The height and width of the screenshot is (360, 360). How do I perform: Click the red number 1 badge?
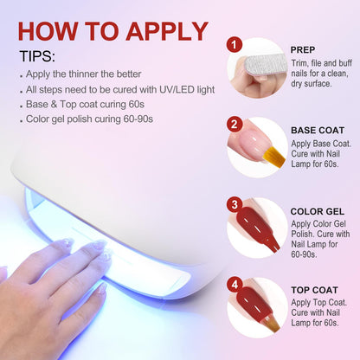(234, 45)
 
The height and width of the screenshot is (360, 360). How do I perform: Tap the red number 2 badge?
(235, 124)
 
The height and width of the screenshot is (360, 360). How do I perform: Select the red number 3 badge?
(235, 204)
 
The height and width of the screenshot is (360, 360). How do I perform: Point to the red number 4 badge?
(235, 285)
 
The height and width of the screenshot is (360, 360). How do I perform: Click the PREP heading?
(303, 50)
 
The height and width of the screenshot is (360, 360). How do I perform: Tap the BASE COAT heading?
(318, 131)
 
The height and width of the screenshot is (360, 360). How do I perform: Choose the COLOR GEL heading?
(318, 211)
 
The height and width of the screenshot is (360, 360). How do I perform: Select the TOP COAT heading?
(314, 290)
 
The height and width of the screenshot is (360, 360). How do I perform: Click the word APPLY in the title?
(167, 31)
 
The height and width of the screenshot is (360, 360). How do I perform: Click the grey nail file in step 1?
(266, 67)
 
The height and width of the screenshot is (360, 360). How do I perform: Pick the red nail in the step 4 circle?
(254, 302)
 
